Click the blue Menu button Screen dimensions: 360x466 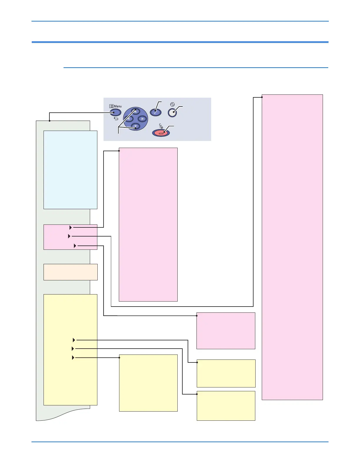pos(115,112)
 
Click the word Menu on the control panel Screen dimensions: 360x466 pos(118,106)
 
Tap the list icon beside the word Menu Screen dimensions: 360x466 pos(111,106)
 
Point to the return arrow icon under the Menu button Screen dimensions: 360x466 pos(116,119)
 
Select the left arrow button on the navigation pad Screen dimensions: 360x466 pos(128,119)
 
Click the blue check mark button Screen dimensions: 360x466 pos(156,112)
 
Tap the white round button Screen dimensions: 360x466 pos(173,113)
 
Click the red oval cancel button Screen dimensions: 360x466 pos(161,133)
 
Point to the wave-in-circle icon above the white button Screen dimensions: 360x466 pos(172,104)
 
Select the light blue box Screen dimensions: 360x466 pos(70,170)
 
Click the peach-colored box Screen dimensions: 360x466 pos(70,272)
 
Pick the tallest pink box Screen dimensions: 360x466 pos(292,247)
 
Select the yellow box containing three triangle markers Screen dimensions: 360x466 pos(70,349)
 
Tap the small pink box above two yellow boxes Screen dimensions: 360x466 pos(226,331)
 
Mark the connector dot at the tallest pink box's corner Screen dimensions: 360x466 pos(262,97)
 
